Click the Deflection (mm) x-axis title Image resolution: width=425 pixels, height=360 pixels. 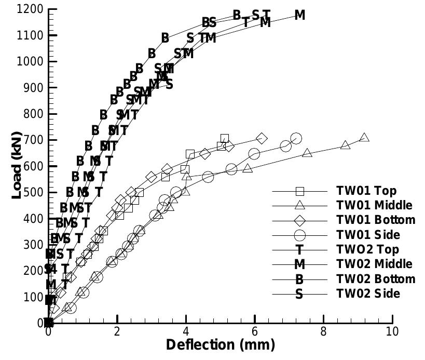pos(221,344)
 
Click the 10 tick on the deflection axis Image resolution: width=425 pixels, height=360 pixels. pos(392,331)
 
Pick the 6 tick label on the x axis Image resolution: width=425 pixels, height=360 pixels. pos(255,331)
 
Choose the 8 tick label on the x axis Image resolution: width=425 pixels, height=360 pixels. pos(324,331)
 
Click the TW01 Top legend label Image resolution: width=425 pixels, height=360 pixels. pos(366,190)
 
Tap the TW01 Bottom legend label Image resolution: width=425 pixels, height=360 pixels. pos(376,220)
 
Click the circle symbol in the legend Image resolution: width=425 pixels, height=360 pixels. pos(299,235)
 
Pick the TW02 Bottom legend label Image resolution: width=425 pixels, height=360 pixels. pos(376,279)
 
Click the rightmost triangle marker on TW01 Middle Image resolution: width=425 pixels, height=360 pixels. pos(364,138)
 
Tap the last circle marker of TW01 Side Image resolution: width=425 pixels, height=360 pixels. pos(296,138)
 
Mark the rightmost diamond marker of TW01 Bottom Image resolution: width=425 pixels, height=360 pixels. pos(262,138)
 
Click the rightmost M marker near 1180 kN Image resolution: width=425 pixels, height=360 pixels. pos(299,16)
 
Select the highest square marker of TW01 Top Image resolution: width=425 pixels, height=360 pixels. pos(224,139)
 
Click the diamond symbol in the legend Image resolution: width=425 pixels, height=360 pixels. pos(299,220)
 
